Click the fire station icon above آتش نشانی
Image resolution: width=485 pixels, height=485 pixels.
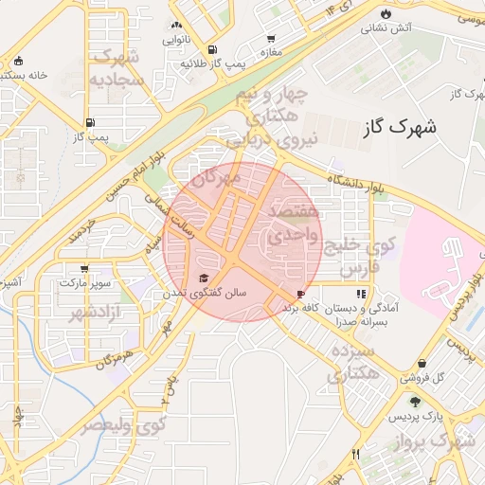coord(386,12)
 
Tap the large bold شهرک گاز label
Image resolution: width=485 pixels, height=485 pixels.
coord(399,127)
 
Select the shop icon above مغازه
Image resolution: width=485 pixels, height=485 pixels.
coord(272,38)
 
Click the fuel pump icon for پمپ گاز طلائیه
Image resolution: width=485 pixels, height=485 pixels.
coord(209,49)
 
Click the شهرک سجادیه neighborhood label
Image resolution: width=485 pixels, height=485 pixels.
coord(117,68)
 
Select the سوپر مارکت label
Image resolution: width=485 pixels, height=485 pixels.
coord(85,283)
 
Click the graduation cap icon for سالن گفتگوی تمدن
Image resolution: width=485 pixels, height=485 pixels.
coord(202,278)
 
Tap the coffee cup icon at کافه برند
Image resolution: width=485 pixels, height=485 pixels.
coord(301,295)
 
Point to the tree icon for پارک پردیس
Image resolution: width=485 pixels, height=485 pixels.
coord(415,402)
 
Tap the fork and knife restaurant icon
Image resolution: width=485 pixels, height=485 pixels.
coord(356,455)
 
